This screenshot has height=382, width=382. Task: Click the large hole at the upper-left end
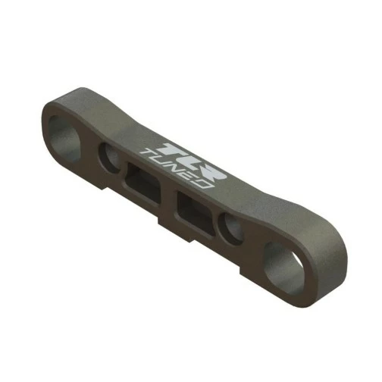[63, 139]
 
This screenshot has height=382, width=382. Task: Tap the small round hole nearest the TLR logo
[109, 158]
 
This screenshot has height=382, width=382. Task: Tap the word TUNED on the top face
[176, 169]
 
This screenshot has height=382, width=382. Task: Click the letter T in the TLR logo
[173, 151]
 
